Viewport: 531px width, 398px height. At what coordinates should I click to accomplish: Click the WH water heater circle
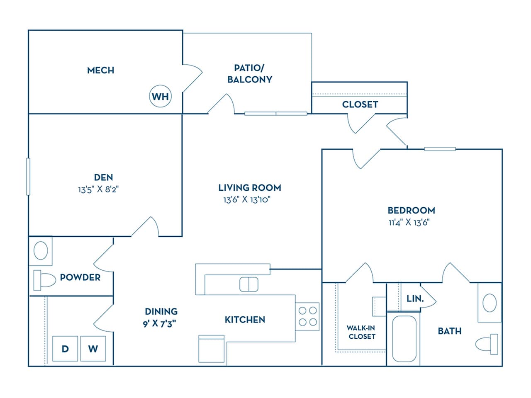[160, 97]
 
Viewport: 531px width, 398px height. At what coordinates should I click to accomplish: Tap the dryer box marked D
[65, 349]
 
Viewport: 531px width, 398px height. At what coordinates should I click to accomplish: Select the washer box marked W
[93, 349]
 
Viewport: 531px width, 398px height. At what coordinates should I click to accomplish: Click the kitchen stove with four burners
[307, 316]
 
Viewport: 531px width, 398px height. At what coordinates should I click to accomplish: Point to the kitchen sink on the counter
[249, 284]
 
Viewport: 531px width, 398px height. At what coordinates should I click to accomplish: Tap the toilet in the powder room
[44, 280]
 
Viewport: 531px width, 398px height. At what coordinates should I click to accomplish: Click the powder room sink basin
[41, 250]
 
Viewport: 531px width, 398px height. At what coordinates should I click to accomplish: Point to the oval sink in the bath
[490, 302]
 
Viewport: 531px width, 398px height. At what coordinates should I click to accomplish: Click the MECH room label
[100, 70]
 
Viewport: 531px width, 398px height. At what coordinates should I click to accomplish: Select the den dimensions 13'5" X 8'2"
[98, 190]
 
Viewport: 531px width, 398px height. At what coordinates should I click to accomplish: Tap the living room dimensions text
[247, 199]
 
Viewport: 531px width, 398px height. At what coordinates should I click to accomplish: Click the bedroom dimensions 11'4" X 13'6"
[409, 222]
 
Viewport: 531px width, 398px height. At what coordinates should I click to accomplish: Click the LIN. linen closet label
[415, 298]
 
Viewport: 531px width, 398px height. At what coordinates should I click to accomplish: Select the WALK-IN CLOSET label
[361, 332]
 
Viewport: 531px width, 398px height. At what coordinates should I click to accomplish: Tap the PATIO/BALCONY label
[249, 73]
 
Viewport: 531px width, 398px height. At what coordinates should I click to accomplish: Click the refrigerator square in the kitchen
[212, 349]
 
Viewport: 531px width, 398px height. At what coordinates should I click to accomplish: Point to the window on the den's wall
[28, 177]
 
